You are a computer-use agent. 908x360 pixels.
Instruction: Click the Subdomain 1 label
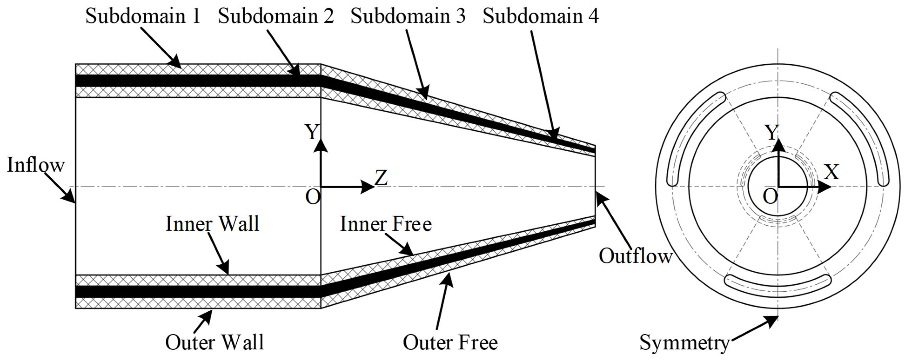pyautogui.click(x=143, y=16)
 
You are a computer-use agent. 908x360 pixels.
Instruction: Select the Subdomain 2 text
pyautogui.click(x=276, y=16)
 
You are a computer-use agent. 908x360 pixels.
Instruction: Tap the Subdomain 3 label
pyautogui.click(x=408, y=16)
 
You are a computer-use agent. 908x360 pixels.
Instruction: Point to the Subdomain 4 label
pyautogui.click(x=540, y=16)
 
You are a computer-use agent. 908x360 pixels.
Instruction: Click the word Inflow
pyautogui.click(x=36, y=165)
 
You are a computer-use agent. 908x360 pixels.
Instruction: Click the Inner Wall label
pyautogui.click(x=212, y=224)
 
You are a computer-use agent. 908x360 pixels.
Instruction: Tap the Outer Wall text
pyautogui.click(x=214, y=342)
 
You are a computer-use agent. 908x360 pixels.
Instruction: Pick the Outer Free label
pyautogui.click(x=450, y=342)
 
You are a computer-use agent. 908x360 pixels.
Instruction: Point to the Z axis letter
pyautogui.click(x=381, y=177)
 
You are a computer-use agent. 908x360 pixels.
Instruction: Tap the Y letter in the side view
pyautogui.click(x=312, y=132)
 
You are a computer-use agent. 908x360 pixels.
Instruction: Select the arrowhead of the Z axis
pyautogui.click(x=368, y=186)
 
